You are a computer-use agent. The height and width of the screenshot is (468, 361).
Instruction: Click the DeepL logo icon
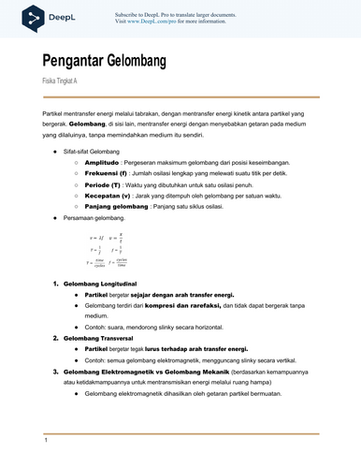[34, 16]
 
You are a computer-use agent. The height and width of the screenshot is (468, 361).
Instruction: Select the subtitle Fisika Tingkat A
[61, 82]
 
